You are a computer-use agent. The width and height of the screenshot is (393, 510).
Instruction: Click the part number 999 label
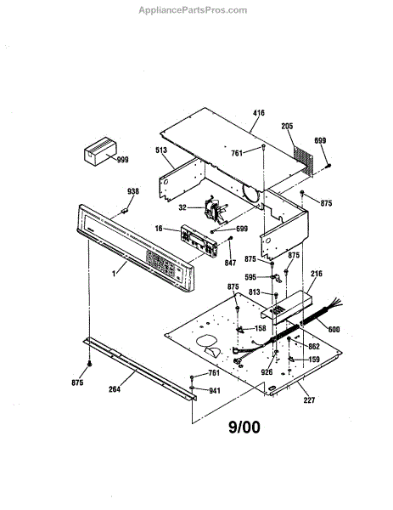point(123,160)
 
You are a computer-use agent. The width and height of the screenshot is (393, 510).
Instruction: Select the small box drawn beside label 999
point(100,151)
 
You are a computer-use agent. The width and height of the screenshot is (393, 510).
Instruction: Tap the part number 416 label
point(259,113)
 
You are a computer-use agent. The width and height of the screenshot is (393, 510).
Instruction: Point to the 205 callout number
point(287,126)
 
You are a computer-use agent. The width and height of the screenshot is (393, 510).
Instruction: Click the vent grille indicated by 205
point(303,159)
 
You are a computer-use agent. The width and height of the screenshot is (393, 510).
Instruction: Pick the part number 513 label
point(161,150)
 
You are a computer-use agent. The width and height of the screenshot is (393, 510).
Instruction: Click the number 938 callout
point(133,191)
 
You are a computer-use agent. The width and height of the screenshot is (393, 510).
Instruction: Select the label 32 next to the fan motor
point(182,207)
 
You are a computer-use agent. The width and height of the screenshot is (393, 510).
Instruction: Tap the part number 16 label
point(159,229)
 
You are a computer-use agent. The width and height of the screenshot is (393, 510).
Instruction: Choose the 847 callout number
point(230,262)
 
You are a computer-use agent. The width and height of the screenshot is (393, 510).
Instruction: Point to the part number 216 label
point(317,274)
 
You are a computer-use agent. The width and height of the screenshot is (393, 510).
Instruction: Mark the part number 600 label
point(334,330)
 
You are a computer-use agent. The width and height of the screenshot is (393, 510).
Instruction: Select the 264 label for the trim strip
point(115,389)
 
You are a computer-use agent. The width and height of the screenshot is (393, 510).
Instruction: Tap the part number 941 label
point(215,390)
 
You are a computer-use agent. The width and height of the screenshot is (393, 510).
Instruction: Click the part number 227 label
point(309,399)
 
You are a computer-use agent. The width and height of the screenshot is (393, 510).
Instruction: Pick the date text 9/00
point(244,427)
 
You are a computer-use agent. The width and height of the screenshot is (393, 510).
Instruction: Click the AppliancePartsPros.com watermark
point(193,10)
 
